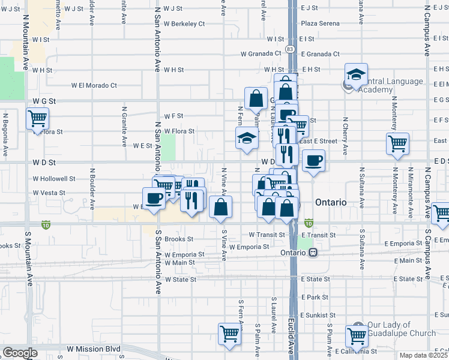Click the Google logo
point(20,353)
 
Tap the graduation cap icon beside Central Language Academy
point(356,74)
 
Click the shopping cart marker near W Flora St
point(38,118)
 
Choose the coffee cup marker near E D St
point(313,161)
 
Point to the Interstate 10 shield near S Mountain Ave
point(46,225)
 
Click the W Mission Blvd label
point(94,349)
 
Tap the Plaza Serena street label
point(318,23)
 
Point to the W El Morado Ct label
point(94,85)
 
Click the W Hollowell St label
point(54,179)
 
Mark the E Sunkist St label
point(319,315)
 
